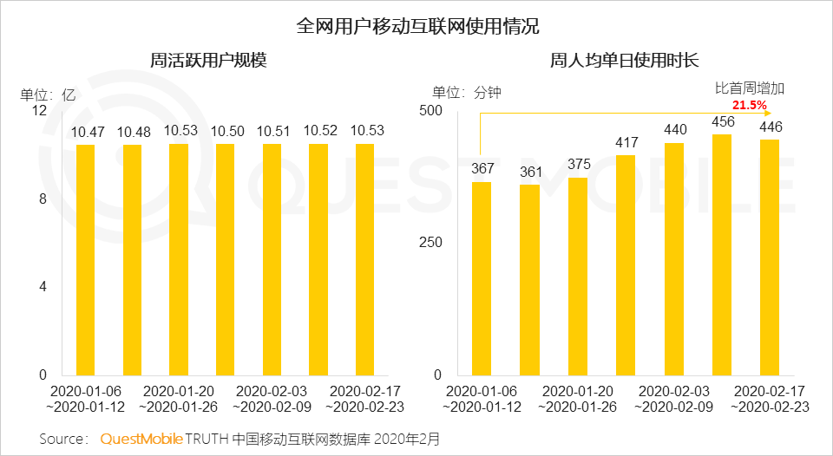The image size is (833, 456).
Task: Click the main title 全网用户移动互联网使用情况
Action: coord(416,25)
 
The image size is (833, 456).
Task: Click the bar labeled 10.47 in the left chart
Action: coord(85,260)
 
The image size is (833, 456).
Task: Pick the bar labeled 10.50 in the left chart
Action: coord(225,260)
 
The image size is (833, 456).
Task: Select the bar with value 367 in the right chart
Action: coord(482,277)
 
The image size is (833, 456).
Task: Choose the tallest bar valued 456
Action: coord(722,255)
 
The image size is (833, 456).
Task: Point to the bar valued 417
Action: coord(626,265)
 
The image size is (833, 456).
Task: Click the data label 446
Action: coord(771,127)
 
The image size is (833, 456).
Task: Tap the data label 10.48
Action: coord(133,132)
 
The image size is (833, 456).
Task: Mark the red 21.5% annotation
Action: coord(750,105)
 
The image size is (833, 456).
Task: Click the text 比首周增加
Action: coord(749,88)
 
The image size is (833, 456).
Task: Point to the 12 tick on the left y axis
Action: coord(39,111)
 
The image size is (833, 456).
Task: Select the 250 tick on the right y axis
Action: coord(431,242)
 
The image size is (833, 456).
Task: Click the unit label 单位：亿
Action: coord(49,94)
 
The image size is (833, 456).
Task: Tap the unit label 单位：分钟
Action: coord(467,93)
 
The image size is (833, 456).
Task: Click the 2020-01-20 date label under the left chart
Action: coord(178,391)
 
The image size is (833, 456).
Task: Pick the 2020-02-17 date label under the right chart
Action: coord(770,391)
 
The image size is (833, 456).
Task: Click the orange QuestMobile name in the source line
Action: coord(141,439)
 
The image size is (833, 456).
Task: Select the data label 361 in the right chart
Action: coord(529,173)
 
